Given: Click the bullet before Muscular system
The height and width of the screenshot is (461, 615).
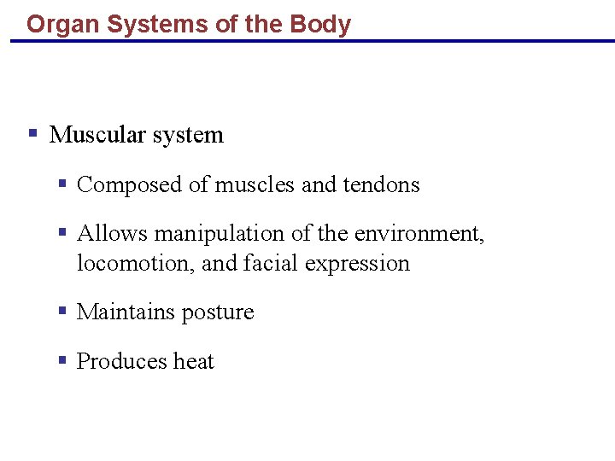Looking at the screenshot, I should point(32,134).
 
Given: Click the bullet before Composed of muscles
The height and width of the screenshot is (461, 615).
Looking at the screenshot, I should point(62,184).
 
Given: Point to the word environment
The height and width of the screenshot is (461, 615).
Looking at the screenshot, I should point(419,234).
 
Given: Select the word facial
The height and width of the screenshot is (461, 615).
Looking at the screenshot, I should point(271,264).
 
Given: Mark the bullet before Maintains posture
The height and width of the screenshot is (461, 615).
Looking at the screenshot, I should point(62,312).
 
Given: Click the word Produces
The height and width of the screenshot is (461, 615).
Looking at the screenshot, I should point(121,362).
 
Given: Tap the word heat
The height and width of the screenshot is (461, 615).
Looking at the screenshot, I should point(194,362).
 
